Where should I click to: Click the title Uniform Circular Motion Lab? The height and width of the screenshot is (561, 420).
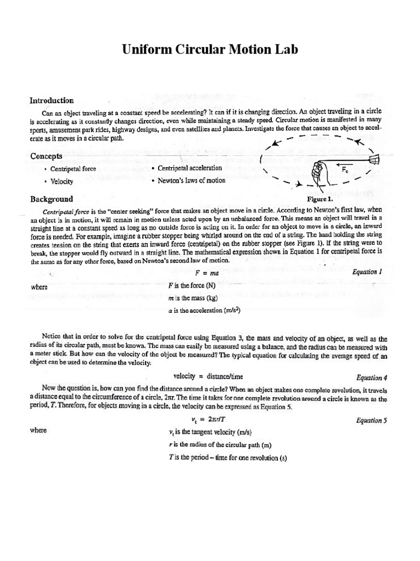coord(210,50)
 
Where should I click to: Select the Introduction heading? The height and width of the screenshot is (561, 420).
coord(51,100)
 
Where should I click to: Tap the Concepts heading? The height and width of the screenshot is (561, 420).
coord(46,156)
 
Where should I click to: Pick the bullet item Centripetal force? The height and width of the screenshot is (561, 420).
coord(73,169)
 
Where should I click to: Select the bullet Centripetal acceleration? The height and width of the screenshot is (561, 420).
coord(190,168)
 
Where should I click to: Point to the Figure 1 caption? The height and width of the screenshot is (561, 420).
coord(320,199)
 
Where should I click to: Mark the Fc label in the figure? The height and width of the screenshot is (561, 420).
coord(346,170)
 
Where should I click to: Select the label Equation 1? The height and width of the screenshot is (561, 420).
coord(367,271)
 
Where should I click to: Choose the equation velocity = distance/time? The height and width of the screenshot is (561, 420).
coord(208,376)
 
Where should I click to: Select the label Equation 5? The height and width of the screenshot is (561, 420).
coord(371,420)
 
